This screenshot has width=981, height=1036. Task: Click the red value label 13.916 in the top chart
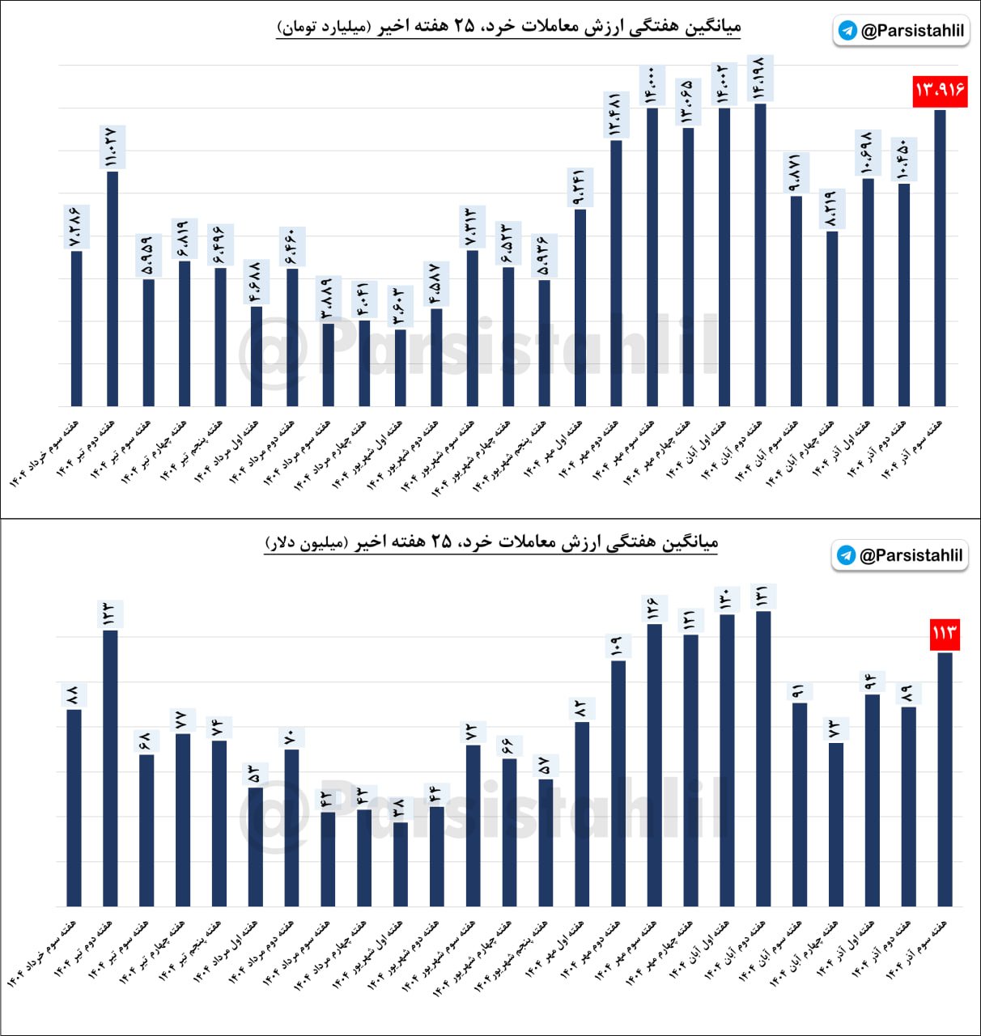click(940, 90)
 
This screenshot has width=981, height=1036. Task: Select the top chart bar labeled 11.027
click(113, 288)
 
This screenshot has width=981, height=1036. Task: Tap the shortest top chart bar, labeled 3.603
click(400, 367)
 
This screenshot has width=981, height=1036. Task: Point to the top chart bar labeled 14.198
click(760, 254)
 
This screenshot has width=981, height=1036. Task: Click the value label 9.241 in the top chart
click(580, 188)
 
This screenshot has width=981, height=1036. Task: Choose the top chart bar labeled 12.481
click(616, 273)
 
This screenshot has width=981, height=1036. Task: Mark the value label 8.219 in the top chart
click(831, 210)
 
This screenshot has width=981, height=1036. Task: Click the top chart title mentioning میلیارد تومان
click(508, 27)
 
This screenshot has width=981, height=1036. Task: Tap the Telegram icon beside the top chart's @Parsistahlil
click(847, 31)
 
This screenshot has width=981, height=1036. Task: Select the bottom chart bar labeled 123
click(110, 767)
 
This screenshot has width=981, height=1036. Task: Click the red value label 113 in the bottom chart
click(945, 633)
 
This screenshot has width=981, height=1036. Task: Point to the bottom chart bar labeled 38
click(400, 864)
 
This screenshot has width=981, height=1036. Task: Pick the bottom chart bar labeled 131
click(762, 758)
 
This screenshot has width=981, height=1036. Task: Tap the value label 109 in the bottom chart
click(617, 645)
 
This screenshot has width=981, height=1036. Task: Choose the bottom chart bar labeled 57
click(546, 842)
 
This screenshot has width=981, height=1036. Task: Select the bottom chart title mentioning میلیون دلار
click(491, 542)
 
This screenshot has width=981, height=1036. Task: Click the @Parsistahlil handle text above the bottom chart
click(911, 555)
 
